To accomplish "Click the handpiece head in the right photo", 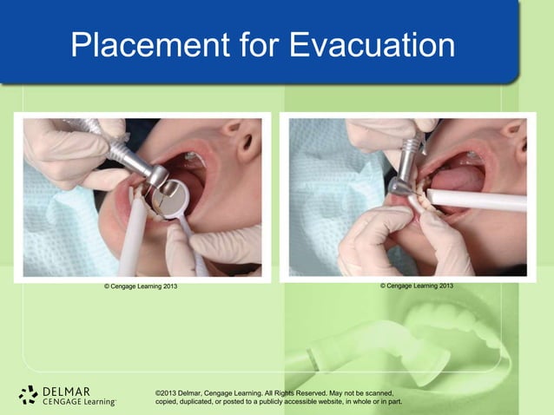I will [x=402, y=185].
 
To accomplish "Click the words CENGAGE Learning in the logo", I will [x=78, y=402].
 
